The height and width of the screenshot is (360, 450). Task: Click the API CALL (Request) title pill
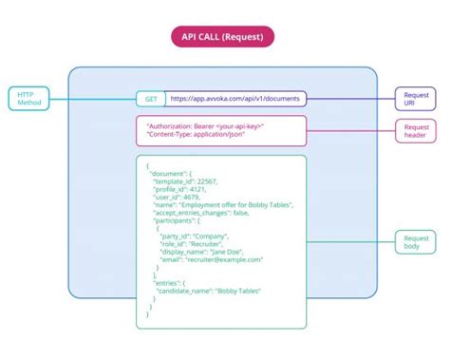coord(224,36)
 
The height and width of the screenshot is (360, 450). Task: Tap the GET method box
coord(150,98)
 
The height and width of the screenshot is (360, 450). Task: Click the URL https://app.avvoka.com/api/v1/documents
coord(234,98)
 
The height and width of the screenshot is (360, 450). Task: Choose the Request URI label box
coord(416,98)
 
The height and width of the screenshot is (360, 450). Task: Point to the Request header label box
coord(416,131)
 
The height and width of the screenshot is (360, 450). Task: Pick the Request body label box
coord(416,242)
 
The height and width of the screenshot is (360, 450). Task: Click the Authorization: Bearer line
coord(205,125)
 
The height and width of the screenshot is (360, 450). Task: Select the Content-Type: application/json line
coord(197,136)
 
